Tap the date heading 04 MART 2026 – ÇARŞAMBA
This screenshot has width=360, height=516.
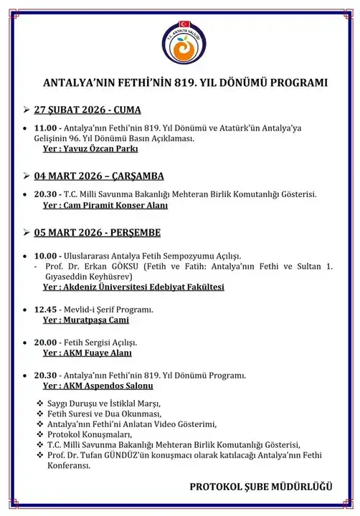[x=100, y=176]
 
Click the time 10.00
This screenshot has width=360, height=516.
[x=46, y=255]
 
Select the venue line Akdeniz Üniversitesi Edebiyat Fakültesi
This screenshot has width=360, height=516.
[x=133, y=287]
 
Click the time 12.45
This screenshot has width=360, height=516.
[x=46, y=309]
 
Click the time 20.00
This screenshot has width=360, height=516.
[x=46, y=342]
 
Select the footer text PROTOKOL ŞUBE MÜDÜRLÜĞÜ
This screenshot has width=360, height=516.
[x=261, y=487]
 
